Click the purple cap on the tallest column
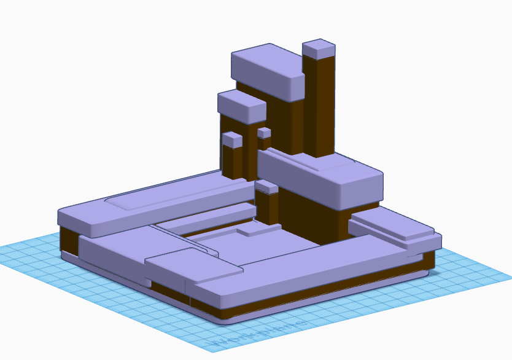[x=318, y=49]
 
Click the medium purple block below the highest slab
[x=241, y=104]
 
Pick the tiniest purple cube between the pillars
[x=265, y=133]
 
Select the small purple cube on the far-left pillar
[x=232, y=139]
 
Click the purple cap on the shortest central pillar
[x=267, y=186]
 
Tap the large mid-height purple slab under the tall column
[x=319, y=178]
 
